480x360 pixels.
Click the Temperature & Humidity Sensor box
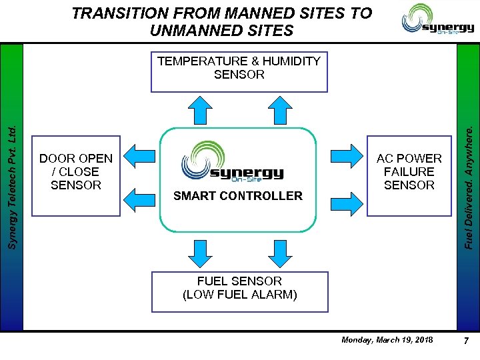[x=239, y=71]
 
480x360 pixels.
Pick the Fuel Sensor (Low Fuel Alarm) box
[x=240, y=291]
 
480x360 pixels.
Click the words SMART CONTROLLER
[x=237, y=196]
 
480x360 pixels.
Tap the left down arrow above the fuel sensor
[x=199, y=251]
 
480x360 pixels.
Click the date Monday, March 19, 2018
[x=387, y=340]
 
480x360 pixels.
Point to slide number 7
[x=466, y=341]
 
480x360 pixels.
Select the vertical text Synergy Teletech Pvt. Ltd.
[x=11, y=180]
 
